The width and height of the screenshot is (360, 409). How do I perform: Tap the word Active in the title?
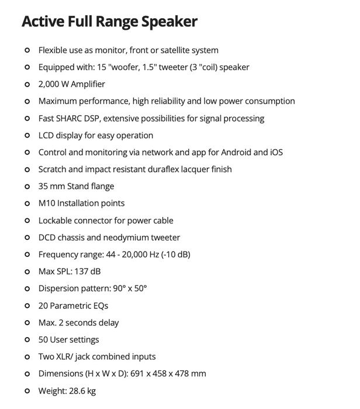tap(41, 22)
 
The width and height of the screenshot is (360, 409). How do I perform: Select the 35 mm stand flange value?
tap(51, 186)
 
